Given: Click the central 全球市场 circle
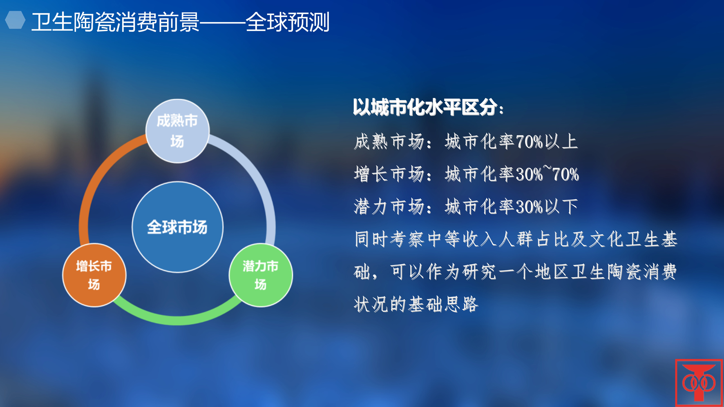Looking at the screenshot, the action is pyautogui.click(x=177, y=227).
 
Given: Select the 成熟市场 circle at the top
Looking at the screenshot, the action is pyautogui.click(x=177, y=131).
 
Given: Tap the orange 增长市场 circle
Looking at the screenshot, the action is pyautogui.click(x=94, y=275).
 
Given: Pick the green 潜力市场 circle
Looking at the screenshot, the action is pyautogui.click(x=261, y=275).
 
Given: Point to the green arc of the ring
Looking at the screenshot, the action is pyautogui.click(x=177, y=320).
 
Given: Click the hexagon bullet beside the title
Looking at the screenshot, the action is pyautogui.click(x=15, y=20).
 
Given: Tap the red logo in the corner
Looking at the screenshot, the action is pyautogui.click(x=699, y=383).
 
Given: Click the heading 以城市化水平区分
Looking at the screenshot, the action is pyautogui.click(x=428, y=107).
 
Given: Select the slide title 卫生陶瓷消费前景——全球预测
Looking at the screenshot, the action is pyautogui.click(x=180, y=22).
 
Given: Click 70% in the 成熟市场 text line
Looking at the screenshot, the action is pyautogui.click(x=530, y=142).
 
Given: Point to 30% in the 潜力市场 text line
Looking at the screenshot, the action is pyautogui.click(x=530, y=207).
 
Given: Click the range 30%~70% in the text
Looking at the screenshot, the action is pyautogui.click(x=547, y=174).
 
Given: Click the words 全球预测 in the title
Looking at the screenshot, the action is pyautogui.click(x=288, y=22).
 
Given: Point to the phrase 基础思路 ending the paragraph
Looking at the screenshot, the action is pyautogui.click(x=443, y=304).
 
